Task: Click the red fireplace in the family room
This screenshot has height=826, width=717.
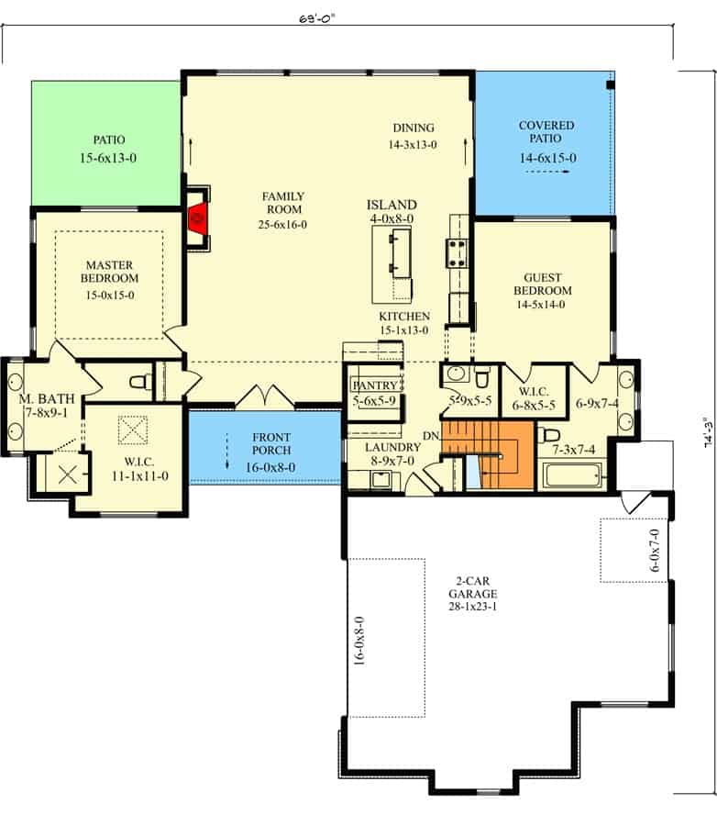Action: [198, 217]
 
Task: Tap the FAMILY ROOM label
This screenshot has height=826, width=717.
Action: [283, 203]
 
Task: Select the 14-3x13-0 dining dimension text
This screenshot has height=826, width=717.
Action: [413, 145]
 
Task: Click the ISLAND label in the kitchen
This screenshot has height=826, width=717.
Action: [392, 205]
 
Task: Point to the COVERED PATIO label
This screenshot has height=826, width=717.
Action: [546, 131]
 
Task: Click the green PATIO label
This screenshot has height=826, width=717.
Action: [109, 140]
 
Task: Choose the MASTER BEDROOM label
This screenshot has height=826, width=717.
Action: [109, 272]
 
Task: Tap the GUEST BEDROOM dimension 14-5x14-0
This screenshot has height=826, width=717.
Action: [541, 305]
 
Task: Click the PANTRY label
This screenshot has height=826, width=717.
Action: [375, 385]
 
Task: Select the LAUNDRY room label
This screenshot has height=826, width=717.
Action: [392, 447]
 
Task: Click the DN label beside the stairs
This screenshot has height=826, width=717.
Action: [431, 436]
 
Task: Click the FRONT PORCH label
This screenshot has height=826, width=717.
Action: [271, 443]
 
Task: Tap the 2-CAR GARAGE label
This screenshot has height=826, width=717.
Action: [473, 587]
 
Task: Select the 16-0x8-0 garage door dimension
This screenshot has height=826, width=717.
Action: [359, 642]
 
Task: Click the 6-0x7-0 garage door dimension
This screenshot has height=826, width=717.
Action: [655, 551]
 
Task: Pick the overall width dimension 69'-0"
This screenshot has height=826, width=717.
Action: [317, 19]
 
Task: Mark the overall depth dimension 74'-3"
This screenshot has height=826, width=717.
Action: [709, 432]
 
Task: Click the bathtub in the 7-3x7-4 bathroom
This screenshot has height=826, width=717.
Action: [572, 475]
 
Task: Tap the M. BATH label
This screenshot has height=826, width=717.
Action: [47, 399]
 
